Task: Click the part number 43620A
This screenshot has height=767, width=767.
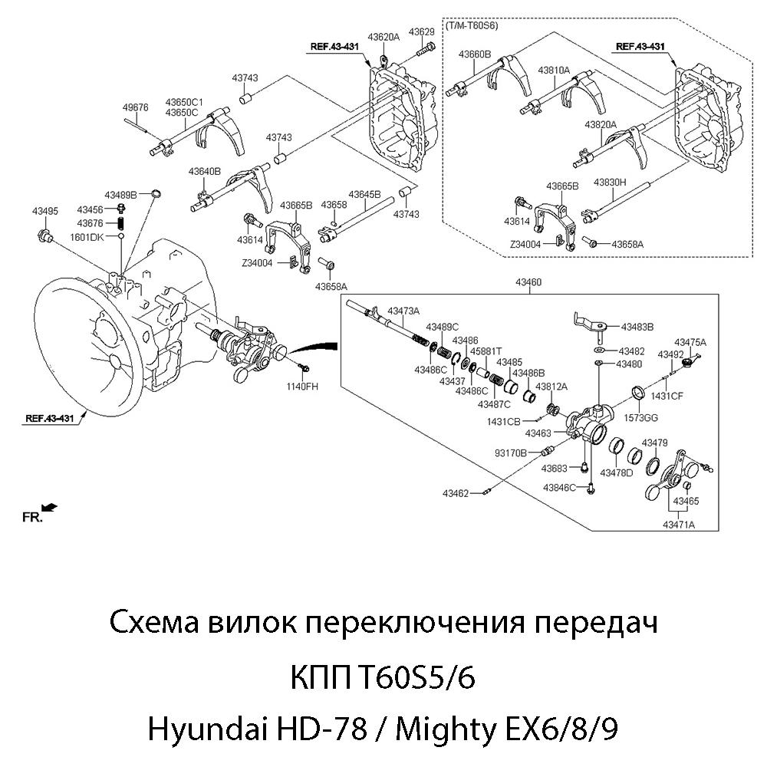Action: pyautogui.click(x=383, y=36)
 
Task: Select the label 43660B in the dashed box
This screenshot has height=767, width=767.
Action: pyautogui.click(x=475, y=54)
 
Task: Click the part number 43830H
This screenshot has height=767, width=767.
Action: pyautogui.click(x=610, y=183)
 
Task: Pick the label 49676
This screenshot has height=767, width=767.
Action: pyautogui.click(x=135, y=108)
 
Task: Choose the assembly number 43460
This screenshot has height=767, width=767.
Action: pyautogui.click(x=529, y=282)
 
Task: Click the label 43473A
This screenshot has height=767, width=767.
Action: pyautogui.click(x=403, y=311)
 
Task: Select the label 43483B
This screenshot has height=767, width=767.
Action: pyautogui.click(x=637, y=327)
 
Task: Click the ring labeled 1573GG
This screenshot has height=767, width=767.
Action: pyautogui.click(x=637, y=394)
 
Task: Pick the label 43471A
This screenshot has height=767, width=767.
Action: pyautogui.click(x=679, y=525)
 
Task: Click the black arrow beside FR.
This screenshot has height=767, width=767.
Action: pyautogui.click(x=51, y=506)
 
